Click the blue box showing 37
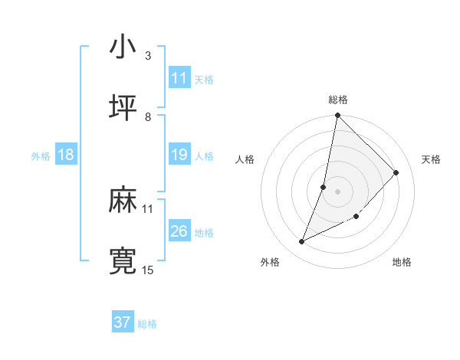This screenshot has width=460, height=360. coord(123,322)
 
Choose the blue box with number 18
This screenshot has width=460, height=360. coord(66,155)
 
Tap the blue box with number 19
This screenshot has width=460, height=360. coord(179,155)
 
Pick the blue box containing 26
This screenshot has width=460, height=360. coord(179,231)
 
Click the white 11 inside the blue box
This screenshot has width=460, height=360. coord(179,78)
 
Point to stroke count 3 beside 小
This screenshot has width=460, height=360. coord(148,56)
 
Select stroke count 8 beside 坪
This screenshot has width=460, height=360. coord(148,116)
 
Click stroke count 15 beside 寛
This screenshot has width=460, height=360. coord(148,270)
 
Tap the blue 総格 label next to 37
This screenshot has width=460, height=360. coord(147,324)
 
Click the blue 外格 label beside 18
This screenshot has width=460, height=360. coord(41,156)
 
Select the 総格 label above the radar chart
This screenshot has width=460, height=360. coord(338,100)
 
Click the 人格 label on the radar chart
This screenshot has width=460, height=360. coord(245,159)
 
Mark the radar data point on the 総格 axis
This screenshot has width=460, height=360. coord(337,115)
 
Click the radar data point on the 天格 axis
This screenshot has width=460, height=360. coord(396,172)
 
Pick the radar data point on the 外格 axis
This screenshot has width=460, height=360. coord(302,242)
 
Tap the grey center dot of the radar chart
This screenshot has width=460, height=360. coord(337,191)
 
